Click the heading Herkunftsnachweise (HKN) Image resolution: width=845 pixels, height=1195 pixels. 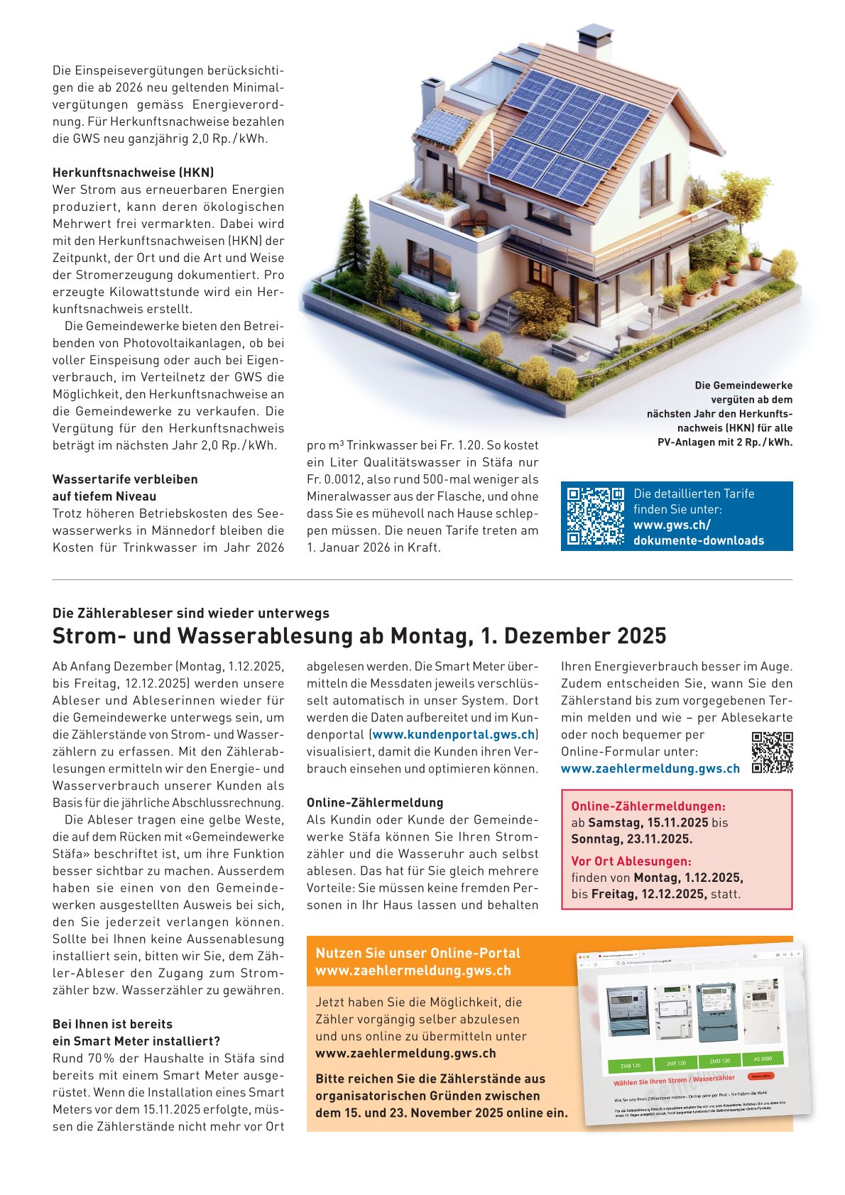[x=133, y=173]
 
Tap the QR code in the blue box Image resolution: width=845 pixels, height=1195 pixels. [x=595, y=515]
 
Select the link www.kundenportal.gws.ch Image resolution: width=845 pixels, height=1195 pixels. [x=453, y=735]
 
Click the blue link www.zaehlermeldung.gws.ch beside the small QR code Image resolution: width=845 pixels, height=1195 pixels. [x=650, y=768]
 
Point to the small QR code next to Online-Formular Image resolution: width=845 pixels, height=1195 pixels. [x=772, y=753]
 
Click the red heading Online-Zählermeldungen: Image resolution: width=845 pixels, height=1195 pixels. [x=648, y=807]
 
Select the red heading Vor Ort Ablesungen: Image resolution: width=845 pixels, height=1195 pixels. [x=631, y=861]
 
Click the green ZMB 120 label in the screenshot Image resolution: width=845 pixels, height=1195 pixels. [x=630, y=1066]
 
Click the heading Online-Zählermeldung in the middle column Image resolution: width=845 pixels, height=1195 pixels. [x=375, y=802]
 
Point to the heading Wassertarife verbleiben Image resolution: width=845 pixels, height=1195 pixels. [x=125, y=479]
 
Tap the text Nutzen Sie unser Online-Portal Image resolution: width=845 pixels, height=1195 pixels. [x=418, y=953]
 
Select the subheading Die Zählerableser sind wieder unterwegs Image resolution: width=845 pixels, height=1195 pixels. [x=191, y=613]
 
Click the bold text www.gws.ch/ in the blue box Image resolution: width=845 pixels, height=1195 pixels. [x=672, y=525]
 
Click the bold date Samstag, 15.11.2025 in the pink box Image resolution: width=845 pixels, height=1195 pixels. [x=648, y=822]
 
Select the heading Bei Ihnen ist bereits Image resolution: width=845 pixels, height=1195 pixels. [x=112, y=1024]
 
